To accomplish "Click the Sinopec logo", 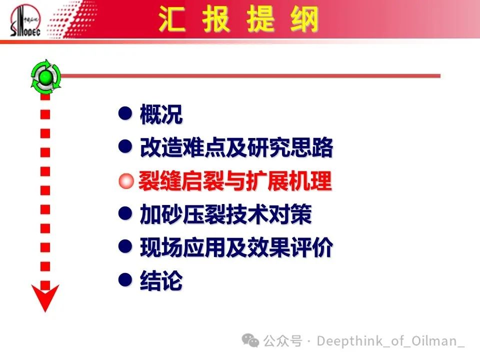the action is pyautogui.click(x=25, y=20).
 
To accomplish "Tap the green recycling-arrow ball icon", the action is pyautogui.click(x=45, y=76).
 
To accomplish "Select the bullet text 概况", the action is pyautogui.click(x=161, y=114).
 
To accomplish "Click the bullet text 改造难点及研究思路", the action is pyautogui.click(x=236, y=147).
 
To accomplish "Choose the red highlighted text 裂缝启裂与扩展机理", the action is pyautogui.click(x=235, y=180).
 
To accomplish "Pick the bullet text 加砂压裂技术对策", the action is pyautogui.click(x=225, y=214).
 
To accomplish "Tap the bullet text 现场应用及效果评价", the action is pyautogui.click(x=236, y=247).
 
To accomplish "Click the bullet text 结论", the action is pyautogui.click(x=161, y=280).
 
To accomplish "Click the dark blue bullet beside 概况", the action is pyautogui.click(x=125, y=113).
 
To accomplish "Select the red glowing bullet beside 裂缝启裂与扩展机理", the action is pyautogui.click(x=126, y=181).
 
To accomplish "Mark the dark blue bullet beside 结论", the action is pyautogui.click(x=125, y=280).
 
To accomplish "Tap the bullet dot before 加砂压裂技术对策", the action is pyautogui.click(x=125, y=213).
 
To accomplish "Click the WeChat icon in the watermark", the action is pyautogui.click(x=250, y=340).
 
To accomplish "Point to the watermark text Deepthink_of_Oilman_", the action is pyautogui.click(x=390, y=341).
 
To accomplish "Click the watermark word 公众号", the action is pyautogui.click(x=283, y=340).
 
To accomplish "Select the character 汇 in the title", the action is pyautogui.click(x=171, y=19).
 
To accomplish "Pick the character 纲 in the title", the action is pyautogui.click(x=305, y=19).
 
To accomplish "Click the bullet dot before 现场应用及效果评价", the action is pyautogui.click(x=125, y=246).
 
